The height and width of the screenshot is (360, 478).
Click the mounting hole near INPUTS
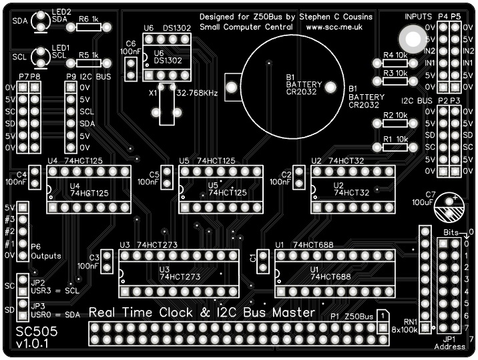(x=409, y=37)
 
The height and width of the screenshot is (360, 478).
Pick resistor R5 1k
(x=89, y=63)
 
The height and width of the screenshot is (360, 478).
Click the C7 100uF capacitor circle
(x=451, y=208)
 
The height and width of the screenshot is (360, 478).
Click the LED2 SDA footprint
(x=41, y=21)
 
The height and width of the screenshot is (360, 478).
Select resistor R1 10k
(x=395, y=148)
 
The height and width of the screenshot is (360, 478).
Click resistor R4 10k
(x=395, y=63)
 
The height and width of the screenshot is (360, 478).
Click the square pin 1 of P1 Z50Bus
(x=383, y=328)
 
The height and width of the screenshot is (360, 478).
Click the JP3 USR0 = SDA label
(x=52, y=309)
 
